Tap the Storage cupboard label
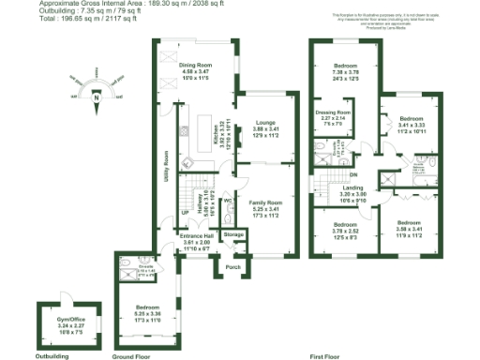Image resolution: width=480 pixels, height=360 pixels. [232, 234]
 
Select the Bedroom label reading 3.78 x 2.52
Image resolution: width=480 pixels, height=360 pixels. [345, 225]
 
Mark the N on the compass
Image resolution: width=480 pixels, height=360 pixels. [96, 95]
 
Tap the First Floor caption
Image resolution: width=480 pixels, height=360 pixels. [324, 356]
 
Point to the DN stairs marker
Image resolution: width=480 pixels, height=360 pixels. [353, 174]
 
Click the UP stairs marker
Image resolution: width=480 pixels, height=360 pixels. [185, 214]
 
